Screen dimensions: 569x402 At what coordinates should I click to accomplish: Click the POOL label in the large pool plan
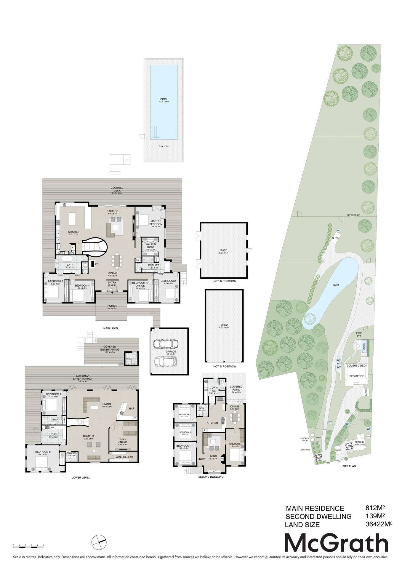[164, 99]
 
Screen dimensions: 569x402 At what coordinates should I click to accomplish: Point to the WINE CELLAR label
[124, 457]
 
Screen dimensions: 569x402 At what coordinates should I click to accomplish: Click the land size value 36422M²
[379, 524]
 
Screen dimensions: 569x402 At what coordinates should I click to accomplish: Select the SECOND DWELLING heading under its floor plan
[211, 477]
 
